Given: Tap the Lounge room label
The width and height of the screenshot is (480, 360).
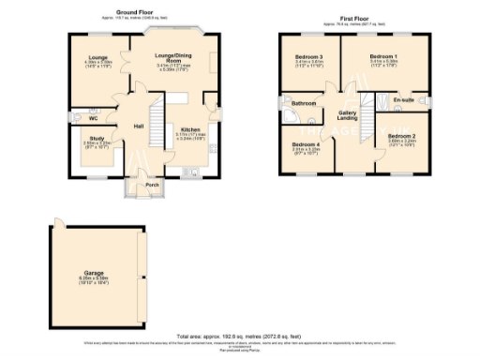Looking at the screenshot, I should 98,58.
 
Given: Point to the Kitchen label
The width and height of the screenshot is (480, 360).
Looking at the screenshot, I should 189,129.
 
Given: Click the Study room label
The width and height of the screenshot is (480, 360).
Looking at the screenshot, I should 97,138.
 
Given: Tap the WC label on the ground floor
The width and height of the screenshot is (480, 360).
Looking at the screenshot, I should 94,119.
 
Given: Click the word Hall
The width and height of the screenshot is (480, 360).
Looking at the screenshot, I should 138,126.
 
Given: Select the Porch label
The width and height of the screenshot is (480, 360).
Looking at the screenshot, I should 152,185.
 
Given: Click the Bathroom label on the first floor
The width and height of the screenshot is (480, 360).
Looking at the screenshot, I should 303,103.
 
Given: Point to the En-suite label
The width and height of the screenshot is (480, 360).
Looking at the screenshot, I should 404,98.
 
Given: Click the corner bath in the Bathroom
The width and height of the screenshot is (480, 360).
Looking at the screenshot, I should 294,117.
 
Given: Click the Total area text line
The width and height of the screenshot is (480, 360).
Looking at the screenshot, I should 239,335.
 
